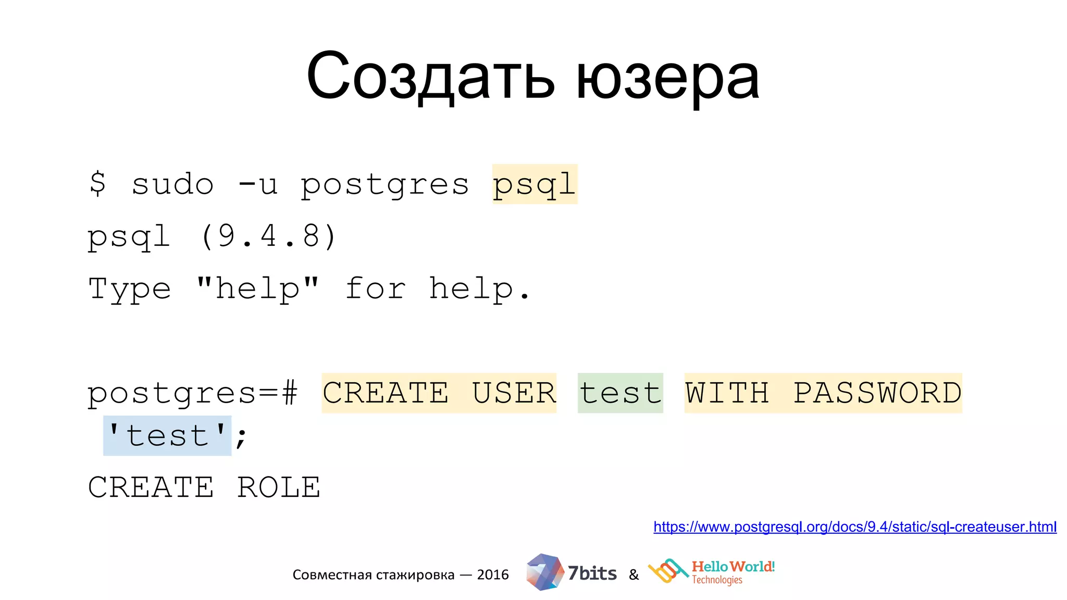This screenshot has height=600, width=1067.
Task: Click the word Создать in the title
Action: point(430,77)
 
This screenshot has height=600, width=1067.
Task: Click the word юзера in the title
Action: point(667,78)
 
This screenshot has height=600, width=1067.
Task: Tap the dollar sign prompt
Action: point(97,184)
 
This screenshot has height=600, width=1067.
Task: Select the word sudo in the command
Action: point(172,184)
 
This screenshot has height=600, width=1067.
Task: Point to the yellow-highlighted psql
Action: point(535,185)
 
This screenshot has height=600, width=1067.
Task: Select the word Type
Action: point(130,289)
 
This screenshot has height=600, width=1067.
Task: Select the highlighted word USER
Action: point(514,393)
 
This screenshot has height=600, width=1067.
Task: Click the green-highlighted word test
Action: point(620,393)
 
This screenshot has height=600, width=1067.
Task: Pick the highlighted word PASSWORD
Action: point(877,393)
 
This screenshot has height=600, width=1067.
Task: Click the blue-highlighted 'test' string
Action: point(167,436)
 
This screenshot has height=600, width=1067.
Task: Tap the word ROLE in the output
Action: point(279,488)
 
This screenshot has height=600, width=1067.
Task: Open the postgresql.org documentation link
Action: point(854,527)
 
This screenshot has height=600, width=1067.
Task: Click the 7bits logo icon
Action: point(544,572)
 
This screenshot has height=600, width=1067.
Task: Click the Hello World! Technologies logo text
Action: point(733,572)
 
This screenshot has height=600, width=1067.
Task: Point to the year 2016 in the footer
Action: point(492,574)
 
